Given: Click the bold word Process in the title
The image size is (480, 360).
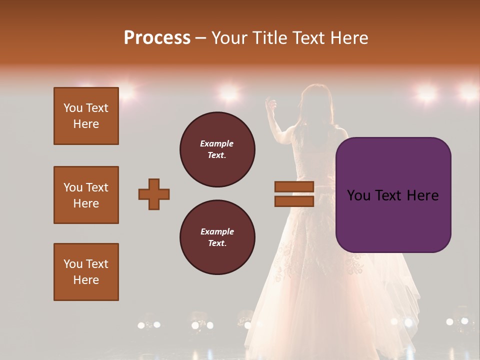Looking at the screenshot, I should (x=157, y=38).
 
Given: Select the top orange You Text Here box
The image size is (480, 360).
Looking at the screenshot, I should (x=86, y=116).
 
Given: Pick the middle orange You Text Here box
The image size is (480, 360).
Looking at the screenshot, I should (x=86, y=195).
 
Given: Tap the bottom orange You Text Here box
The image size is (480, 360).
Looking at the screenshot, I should (x=86, y=272).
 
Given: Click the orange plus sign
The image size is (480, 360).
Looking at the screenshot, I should (x=154, y=194).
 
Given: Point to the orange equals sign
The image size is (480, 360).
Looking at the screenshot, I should (x=294, y=194).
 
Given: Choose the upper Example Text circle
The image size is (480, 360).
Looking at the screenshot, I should (x=217, y=149).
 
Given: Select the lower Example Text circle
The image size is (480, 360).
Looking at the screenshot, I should (x=217, y=237).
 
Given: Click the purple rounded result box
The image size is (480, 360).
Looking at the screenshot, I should (x=393, y=195).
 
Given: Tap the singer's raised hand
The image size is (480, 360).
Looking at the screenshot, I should (x=271, y=104).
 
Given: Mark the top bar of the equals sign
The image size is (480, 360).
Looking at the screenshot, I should (x=294, y=187).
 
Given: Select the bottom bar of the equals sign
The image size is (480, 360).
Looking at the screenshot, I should (x=294, y=201).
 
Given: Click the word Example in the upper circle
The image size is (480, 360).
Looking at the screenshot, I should (x=217, y=143).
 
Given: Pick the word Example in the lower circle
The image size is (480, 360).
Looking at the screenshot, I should (x=217, y=231).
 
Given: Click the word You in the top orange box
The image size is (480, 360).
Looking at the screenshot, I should (x=73, y=108).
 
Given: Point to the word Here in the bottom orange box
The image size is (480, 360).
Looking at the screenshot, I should (x=86, y=280).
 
